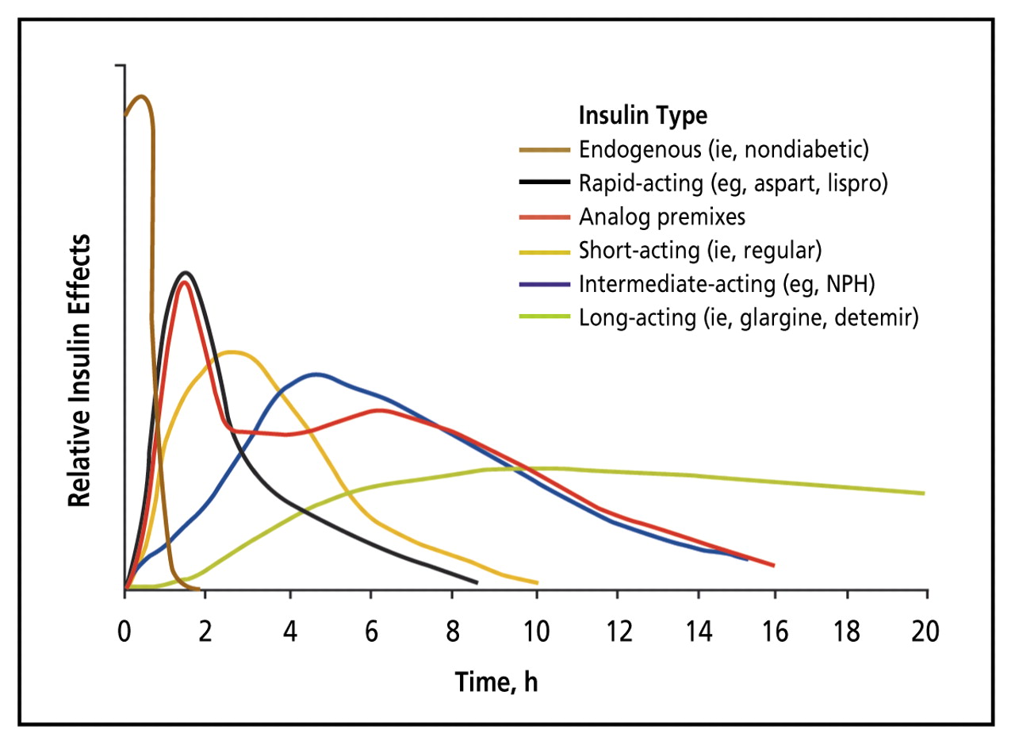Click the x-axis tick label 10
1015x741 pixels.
[x=537, y=632]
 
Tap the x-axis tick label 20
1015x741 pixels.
[x=925, y=632]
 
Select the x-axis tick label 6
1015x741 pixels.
[x=371, y=632]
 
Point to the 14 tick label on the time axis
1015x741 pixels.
[x=699, y=632]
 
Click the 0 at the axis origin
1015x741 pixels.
[x=124, y=632]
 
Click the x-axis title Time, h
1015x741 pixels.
[x=496, y=682]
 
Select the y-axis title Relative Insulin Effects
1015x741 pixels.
[x=79, y=370]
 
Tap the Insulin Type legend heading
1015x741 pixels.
[x=643, y=115]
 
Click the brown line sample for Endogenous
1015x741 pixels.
[x=545, y=150]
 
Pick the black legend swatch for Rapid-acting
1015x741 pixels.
[x=545, y=182]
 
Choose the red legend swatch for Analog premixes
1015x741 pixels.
[x=545, y=217]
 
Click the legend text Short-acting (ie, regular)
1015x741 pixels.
[x=700, y=251]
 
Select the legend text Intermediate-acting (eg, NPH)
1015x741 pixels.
[x=727, y=285]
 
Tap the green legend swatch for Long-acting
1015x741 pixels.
[x=545, y=316]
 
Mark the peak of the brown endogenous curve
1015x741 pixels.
[x=141, y=96]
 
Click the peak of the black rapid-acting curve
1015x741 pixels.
[x=186, y=272]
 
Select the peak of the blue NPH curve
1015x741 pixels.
[x=317, y=374]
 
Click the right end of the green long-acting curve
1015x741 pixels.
[x=924, y=493]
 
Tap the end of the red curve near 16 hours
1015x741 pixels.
[x=773, y=566]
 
